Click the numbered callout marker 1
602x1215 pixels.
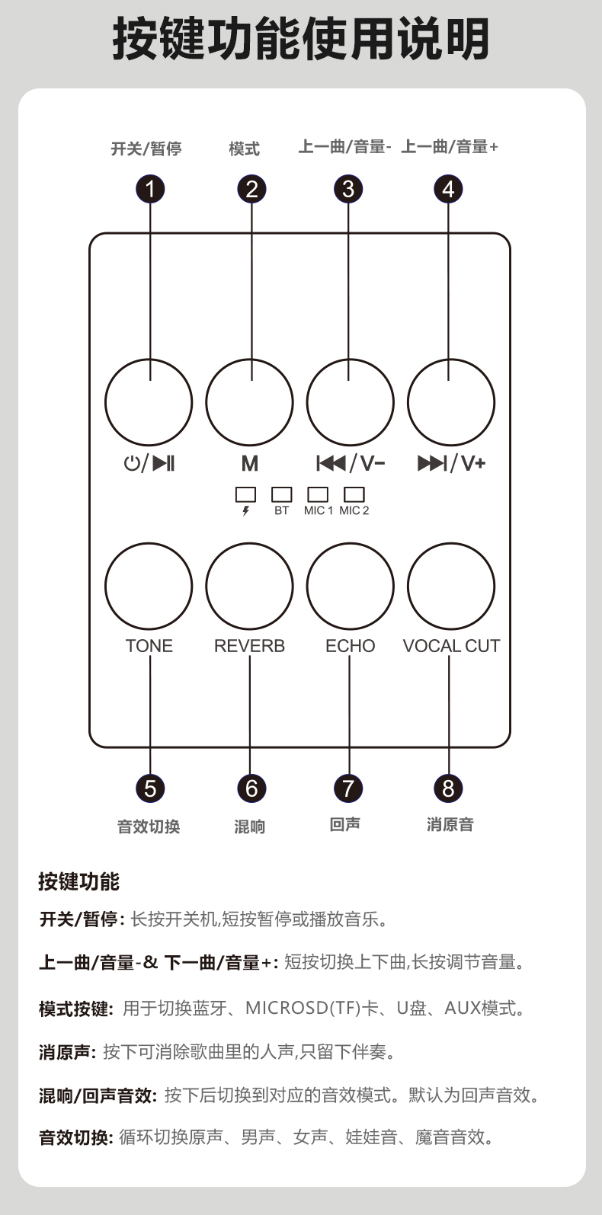click(x=150, y=189)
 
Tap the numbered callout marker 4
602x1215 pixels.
click(x=448, y=189)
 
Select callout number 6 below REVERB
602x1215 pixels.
click(x=251, y=788)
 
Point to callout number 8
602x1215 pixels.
click(x=448, y=788)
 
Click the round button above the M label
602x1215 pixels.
click(x=249, y=403)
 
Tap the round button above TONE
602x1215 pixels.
click(x=149, y=586)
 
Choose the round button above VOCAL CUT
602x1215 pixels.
click(x=451, y=586)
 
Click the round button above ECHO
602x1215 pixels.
click(x=350, y=586)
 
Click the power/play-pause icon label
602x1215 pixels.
click(x=149, y=463)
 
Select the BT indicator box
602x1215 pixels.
click(x=282, y=494)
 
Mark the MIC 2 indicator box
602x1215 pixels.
click(x=354, y=494)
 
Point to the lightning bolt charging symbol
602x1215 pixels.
click(x=245, y=511)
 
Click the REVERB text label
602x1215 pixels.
click(x=249, y=646)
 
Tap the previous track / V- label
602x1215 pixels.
click(x=351, y=463)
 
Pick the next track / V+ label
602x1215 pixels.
click(x=451, y=463)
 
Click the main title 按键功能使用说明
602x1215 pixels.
click(x=301, y=40)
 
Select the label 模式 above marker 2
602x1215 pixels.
click(x=244, y=149)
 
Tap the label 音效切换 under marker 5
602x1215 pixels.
click(x=149, y=827)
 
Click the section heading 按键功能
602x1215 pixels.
click(x=79, y=881)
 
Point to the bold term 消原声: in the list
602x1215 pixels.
click(x=67, y=1052)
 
